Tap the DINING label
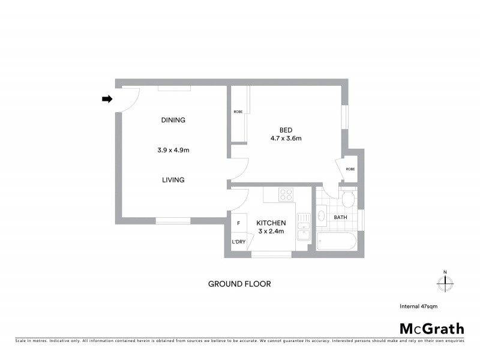coord(173,120)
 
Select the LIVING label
coord(173,180)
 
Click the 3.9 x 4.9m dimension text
coord(173,150)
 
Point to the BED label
coord(286,130)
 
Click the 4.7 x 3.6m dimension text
coord(286,139)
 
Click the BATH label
coord(340,217)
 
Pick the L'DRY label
coord(238,242)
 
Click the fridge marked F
coord(239,223)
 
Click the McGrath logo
coord(431,329)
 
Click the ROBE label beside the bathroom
coord(350,169)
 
